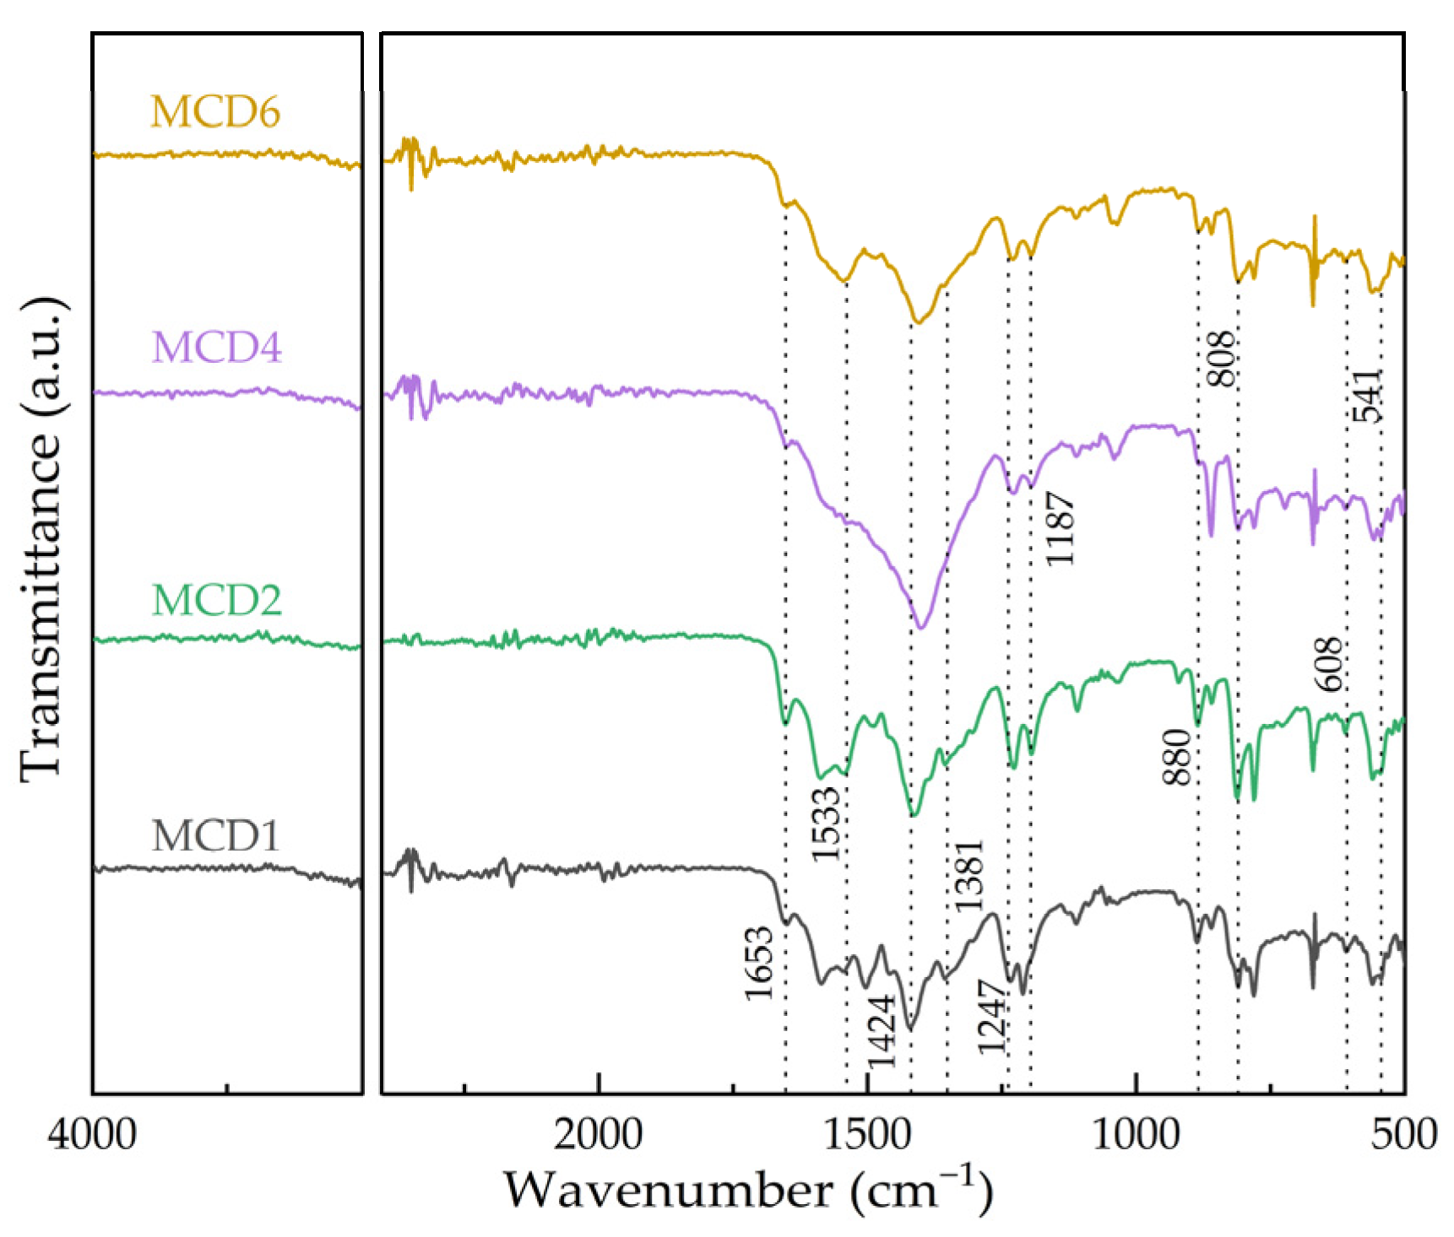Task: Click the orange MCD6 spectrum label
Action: pos(214,111)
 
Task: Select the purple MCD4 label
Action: pos(216,347)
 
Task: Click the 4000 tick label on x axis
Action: pos(92,1133)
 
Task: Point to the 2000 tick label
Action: pos(598,1133)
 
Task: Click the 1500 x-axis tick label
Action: pos(867,1133)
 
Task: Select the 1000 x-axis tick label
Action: pos(1136,1133)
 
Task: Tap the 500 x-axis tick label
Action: pos(1403,1133)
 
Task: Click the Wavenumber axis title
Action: pos(748,1190)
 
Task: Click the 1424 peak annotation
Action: pos(882,1031)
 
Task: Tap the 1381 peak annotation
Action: pos(968,875)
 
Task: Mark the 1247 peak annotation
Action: pos(991,1017)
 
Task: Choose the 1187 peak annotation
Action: pos(1060,529)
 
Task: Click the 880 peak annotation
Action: pos(1176,757)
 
